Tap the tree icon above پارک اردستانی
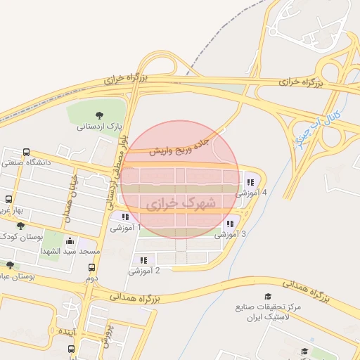click(98, 116)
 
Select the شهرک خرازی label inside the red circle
click(180, 203)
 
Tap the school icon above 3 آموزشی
click(229, 224)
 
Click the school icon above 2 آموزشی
click(143, 260)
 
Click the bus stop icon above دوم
click(91, 267)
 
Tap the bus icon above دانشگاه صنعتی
click(27, 152)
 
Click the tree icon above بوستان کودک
click(20, 226)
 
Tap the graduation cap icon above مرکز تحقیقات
click(267, 297)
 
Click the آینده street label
click(70, 331)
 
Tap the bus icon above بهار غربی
click(8, 199)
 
